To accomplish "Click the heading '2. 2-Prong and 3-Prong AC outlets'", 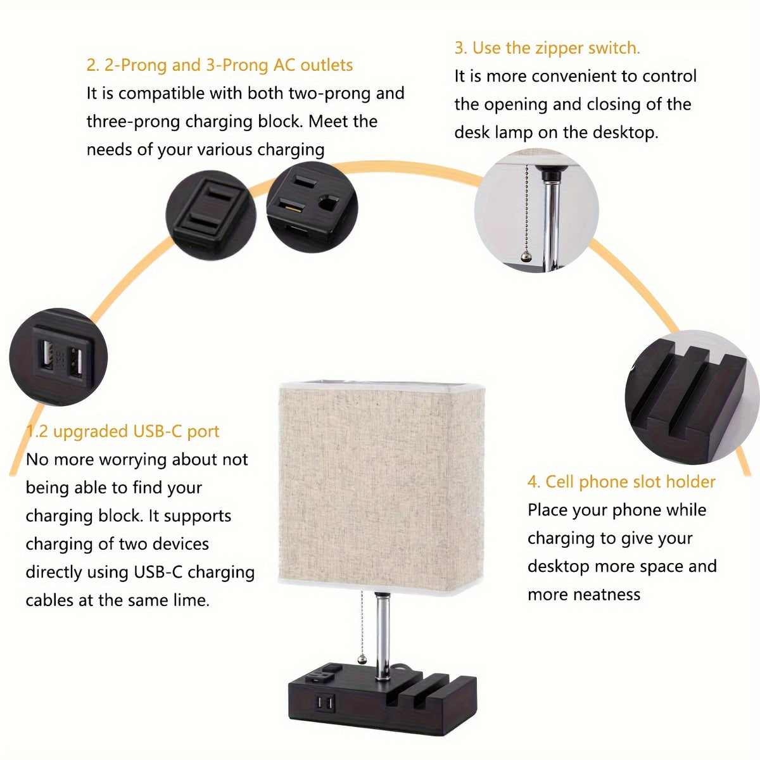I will pos(219,65).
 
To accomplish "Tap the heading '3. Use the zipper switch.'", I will pos(547,48).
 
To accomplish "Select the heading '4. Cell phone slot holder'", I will pos(621,482).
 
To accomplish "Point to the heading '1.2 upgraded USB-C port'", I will pos(122,431).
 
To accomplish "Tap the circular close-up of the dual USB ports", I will pos(59,357).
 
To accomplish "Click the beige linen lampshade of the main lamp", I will pos(378,481).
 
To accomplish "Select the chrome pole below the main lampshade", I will pos(383,633).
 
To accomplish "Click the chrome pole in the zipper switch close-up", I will pos(552,215).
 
